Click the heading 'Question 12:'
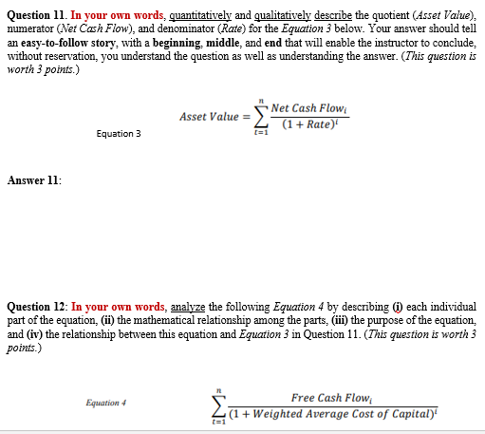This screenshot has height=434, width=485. [x=38, y=308]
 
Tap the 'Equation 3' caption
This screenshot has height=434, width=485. [x=119, y=134]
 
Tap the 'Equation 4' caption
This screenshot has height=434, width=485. [x=105, y=402]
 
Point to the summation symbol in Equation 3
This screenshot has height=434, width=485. [x=254, y=118]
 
